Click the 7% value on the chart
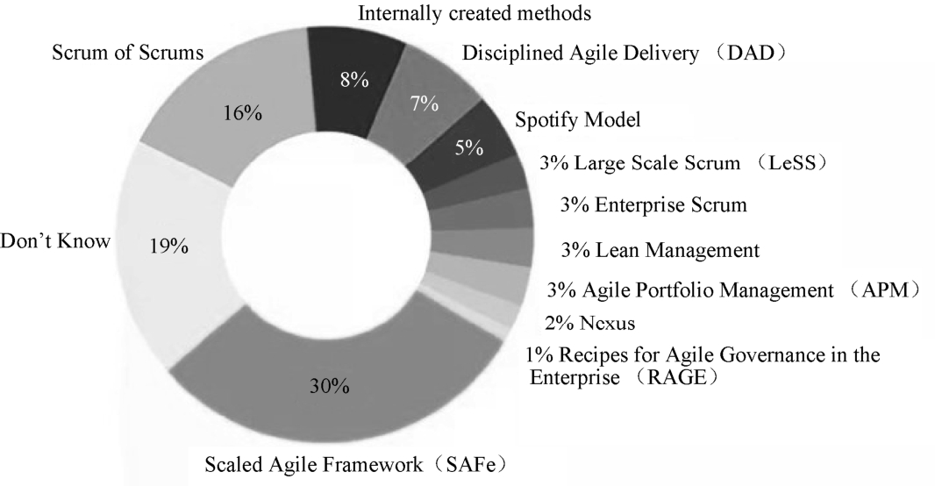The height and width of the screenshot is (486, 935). click(x=425, y=104)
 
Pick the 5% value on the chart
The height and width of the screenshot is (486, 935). click(x=468, y=147)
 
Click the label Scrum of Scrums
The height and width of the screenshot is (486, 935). click(x=128, y=53)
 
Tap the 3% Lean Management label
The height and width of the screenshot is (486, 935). click(x=659, y=250)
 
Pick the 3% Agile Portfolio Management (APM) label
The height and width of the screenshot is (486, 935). click(x=732, y=288)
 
